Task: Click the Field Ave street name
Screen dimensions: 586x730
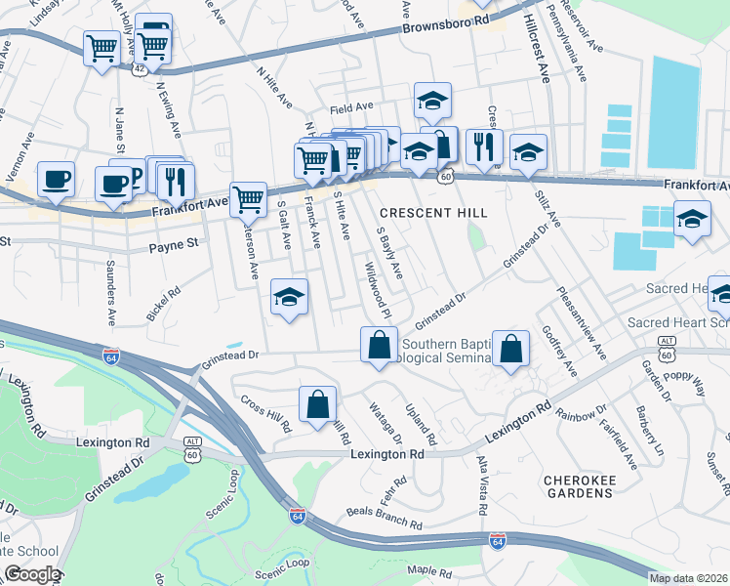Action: click(x=351, y=107)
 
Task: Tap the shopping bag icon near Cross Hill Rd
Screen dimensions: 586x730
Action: click(x=317, y=404)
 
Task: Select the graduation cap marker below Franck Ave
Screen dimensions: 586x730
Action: click(x=289, y=297)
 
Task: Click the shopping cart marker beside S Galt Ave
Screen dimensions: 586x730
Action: click(x=249, y=199)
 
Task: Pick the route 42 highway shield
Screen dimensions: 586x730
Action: click(x=142, y=69)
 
